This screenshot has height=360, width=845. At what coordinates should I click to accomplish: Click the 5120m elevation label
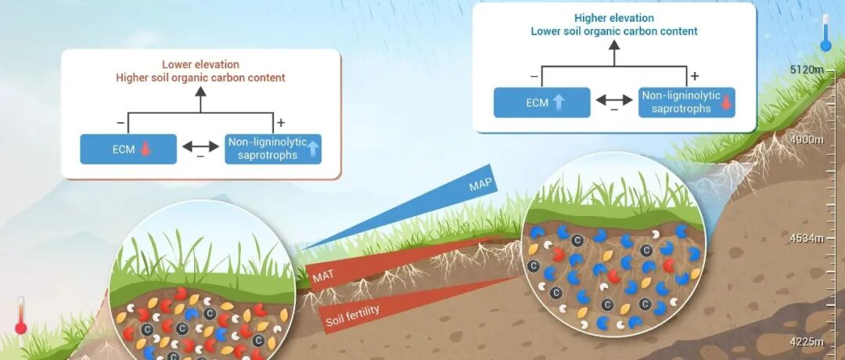807,70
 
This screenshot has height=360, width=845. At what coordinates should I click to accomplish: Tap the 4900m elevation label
807,140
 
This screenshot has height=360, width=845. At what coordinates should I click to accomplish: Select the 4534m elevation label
807,238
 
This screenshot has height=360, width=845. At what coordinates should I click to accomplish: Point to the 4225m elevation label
807,341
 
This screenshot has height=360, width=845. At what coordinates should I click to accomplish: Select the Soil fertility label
352,311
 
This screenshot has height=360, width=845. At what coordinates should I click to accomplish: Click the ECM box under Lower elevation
128,149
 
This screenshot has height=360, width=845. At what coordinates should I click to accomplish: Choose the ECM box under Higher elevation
541,103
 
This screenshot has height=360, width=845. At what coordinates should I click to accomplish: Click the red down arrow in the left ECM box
146,149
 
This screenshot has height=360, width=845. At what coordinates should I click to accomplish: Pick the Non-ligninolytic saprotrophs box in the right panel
686,103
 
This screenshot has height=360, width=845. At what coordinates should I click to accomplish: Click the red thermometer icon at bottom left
20,315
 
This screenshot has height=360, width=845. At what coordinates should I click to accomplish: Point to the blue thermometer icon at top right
825,35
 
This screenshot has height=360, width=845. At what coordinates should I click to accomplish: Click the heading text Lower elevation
200,64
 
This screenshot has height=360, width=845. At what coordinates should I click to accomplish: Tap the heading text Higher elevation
613,18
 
